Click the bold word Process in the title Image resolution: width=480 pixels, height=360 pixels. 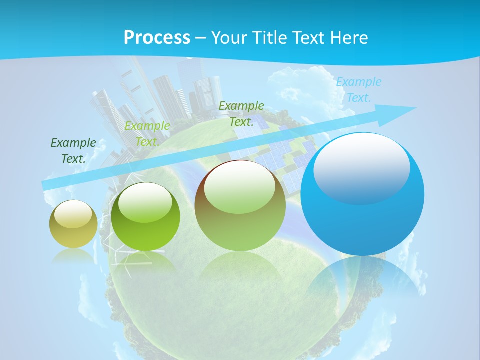tap(157, 38)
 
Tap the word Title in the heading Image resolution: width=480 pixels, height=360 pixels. tap(270, 38)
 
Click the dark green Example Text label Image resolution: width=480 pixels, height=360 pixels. tap(73, 151)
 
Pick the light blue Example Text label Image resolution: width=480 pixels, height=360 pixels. tap(359, 90)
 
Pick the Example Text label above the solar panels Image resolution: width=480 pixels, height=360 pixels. tap(241, 114)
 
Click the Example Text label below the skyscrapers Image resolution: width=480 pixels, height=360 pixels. tap(147, 134)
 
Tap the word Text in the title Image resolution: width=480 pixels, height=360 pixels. tap(306, 38)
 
